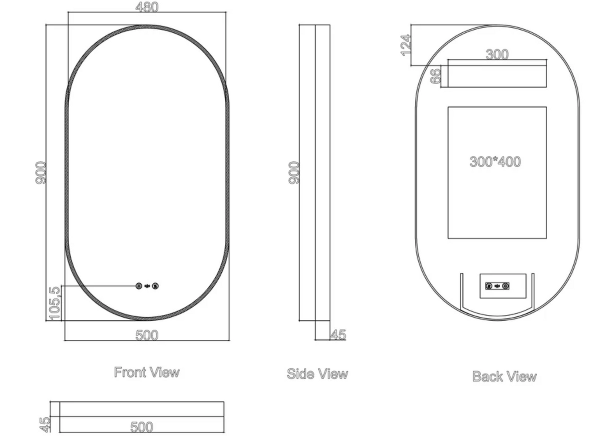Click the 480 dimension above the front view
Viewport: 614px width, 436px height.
[147, 7]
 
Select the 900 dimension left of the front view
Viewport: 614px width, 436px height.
[40, 172]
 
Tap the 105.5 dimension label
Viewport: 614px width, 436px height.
[54, 302]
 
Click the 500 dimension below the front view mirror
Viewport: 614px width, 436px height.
[147, 335]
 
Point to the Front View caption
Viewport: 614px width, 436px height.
[147, 372]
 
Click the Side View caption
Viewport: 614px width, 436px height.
[317, 374]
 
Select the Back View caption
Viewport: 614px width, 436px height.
[504, 376]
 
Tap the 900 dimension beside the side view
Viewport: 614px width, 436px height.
[294, 172]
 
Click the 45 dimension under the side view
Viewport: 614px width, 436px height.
[338, 335]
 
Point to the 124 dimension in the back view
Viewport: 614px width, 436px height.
[406, 45]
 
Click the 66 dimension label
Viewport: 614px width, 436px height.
[436, 77]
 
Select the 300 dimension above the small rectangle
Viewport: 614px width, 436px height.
[497, 54]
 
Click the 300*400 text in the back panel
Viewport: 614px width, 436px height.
[495, 162]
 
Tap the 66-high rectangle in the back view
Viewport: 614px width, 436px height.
[494, 76]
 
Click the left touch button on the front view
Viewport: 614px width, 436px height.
[139, 286]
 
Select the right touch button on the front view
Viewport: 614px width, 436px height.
[155, 286]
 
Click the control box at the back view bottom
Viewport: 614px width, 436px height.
[503, 286]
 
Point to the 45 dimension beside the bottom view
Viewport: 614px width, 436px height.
[45, 423]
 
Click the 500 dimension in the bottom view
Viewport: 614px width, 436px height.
[141, 426]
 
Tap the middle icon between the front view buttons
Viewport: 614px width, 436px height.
[147, 286]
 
